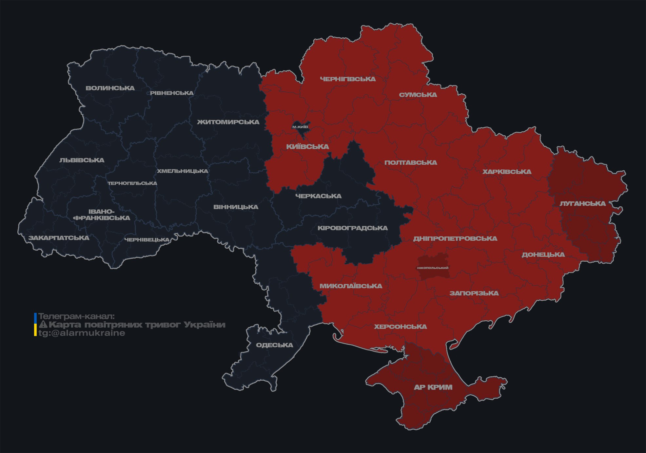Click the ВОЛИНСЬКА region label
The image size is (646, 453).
[x=110, y=88]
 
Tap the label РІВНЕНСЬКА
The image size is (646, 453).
[x=172, y=93]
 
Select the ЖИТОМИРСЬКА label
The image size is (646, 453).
[x=228, y=122]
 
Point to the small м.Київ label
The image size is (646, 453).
[x=300, y=127]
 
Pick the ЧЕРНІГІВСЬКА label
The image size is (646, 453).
[x=348, y=79]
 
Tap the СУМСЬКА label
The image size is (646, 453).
[x=418, y=95]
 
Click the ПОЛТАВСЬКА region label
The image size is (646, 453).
[x=411, y=162]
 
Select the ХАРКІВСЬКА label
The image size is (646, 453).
[x=507, y=172]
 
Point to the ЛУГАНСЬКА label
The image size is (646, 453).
[x=582, y=203]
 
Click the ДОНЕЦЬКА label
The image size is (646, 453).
[x=543, y=255]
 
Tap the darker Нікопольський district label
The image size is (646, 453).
[x=433, y=268]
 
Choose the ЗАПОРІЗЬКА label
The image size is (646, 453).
[x=474, y=293]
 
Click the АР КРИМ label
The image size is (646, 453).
[x=433, y=387]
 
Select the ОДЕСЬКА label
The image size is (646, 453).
[x=274, y=345]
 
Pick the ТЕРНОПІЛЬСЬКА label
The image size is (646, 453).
[x=132, y=183]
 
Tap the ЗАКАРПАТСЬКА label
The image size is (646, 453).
[x=59, y=238]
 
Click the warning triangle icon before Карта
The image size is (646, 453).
[x=43, y=325]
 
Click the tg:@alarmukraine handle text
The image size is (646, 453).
[x=82, y=333]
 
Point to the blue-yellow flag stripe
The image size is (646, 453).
[x=35, y=324]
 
